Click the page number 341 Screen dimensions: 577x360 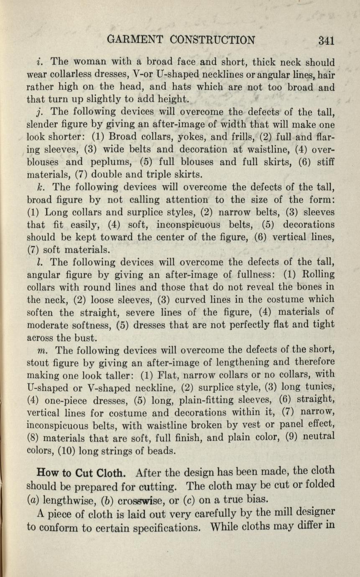click(326, 40)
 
